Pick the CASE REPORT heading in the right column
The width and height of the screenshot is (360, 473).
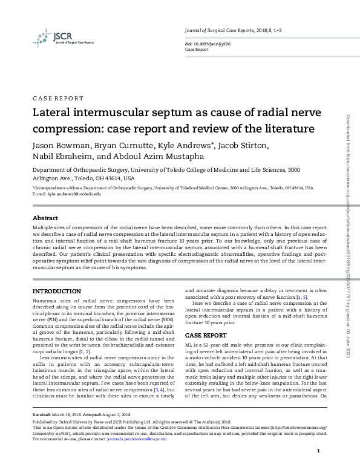pyautogui.click(x=206, y=335)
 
